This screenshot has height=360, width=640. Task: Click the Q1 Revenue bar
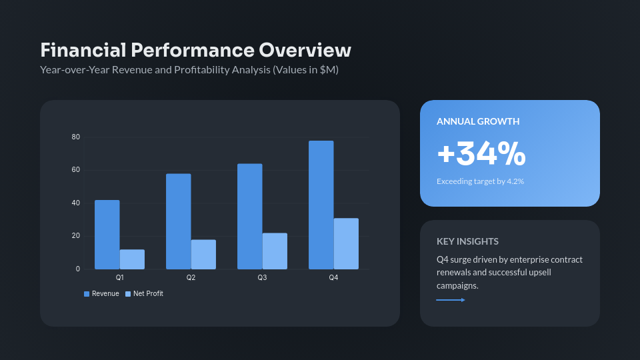click(x=107, y=235)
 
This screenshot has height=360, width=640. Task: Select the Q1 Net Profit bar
click(x=132, y=259)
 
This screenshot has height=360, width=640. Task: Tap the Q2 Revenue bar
click(x=178, y=221)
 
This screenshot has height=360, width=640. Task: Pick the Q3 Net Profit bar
click(x=275, y=251)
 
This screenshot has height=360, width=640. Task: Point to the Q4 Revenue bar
click(x=321, y=205)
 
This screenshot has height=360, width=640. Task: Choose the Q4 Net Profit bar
click(x=346, y=244)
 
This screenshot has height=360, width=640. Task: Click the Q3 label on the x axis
click(x=262, y=277)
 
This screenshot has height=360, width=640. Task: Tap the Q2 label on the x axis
click(x=191, y=277)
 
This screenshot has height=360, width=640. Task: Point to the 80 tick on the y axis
click(x=76, y=137)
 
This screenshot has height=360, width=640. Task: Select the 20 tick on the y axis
click(x=76, y=236)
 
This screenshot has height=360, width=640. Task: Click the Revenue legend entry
click(x=101, y=294)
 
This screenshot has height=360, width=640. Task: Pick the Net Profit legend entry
click(x=144, y=294)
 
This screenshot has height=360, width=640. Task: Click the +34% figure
click(x=481, y=154)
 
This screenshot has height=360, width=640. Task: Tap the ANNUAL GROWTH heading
click(x=478, y=121)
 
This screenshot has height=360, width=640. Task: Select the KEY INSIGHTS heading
click(x=467, y=241)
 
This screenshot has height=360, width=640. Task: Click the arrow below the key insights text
click(x=451, y=300)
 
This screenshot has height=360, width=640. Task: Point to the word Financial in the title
click(x=83, y=51)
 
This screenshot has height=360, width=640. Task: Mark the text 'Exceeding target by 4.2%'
click(x=480, y=181)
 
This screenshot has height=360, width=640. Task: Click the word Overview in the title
click(x=305, y=51)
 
